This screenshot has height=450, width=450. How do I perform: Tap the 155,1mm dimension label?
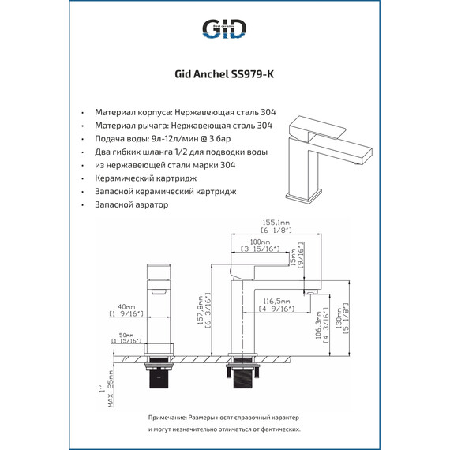(x=276, y=223)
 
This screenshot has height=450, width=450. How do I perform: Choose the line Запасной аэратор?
(x=131, y=205)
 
